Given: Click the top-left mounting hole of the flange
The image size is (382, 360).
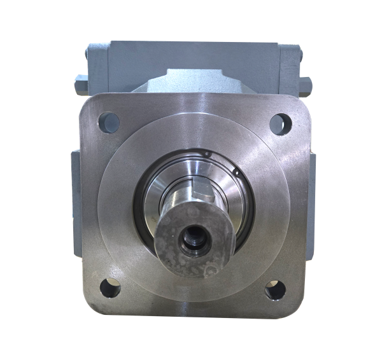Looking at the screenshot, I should click(x=110, y=120).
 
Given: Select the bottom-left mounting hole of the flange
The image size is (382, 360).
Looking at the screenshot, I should click(x=111, y=289).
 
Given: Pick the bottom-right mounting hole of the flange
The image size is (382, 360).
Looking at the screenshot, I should click(x=274, y=291).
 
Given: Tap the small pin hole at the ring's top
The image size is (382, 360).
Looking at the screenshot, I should click(x=206, y=153).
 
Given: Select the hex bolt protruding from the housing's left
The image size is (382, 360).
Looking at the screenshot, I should click(x=80, y=81).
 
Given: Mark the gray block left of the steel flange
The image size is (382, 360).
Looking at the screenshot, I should click(x=75, y=191).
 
